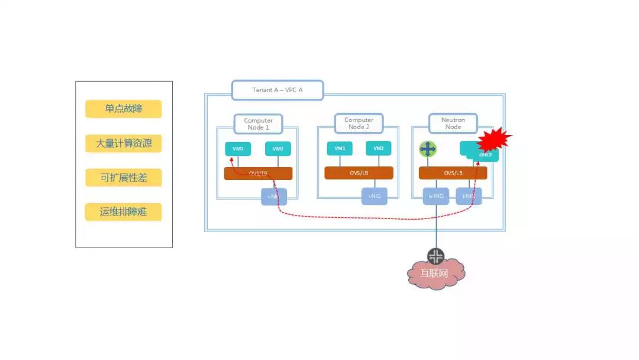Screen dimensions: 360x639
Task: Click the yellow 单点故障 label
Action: pyautogui.click(x=123, y=109)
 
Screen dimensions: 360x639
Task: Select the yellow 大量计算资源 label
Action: pyautogui.click(x=123, y=143)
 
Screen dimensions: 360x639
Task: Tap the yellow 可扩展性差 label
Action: pyautogui.click(x=123, y=178)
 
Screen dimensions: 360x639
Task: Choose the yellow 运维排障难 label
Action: pyautogui.click(x=123, y=212)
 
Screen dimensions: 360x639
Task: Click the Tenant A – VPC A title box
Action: pyautogui.click(x=277, y=90)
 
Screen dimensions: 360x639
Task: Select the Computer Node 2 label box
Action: pyautogui.click(x=359, y=124)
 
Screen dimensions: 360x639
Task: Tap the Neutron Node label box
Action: pyautogui.click(x=453, y=123)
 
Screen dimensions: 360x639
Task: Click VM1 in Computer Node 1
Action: pyautogui.click(x=238, y=149)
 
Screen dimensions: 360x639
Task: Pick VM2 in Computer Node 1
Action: pyautogui.click(x=277, y=149)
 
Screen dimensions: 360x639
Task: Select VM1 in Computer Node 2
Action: pyautogui.click(x=340, y=149)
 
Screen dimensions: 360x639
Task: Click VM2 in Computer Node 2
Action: pyautogui.click(x=379, y=149)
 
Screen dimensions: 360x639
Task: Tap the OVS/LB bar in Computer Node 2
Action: pyautogui.click(x=359, y=173)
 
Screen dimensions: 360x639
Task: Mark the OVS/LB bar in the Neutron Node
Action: pyautogui.click(x=453, y=173)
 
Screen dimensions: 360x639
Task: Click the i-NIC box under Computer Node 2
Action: pyautogui.click(x=375, y=195)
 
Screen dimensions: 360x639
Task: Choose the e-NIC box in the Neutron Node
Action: pyautogui.click(x=436, y=195)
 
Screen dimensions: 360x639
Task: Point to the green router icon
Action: pyautogui.click(x=427, y=149)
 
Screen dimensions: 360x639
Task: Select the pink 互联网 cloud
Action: pyautogui.click(x=435, y=274)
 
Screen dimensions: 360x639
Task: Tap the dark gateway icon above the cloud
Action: pyautogui.click(x=436, y=256)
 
